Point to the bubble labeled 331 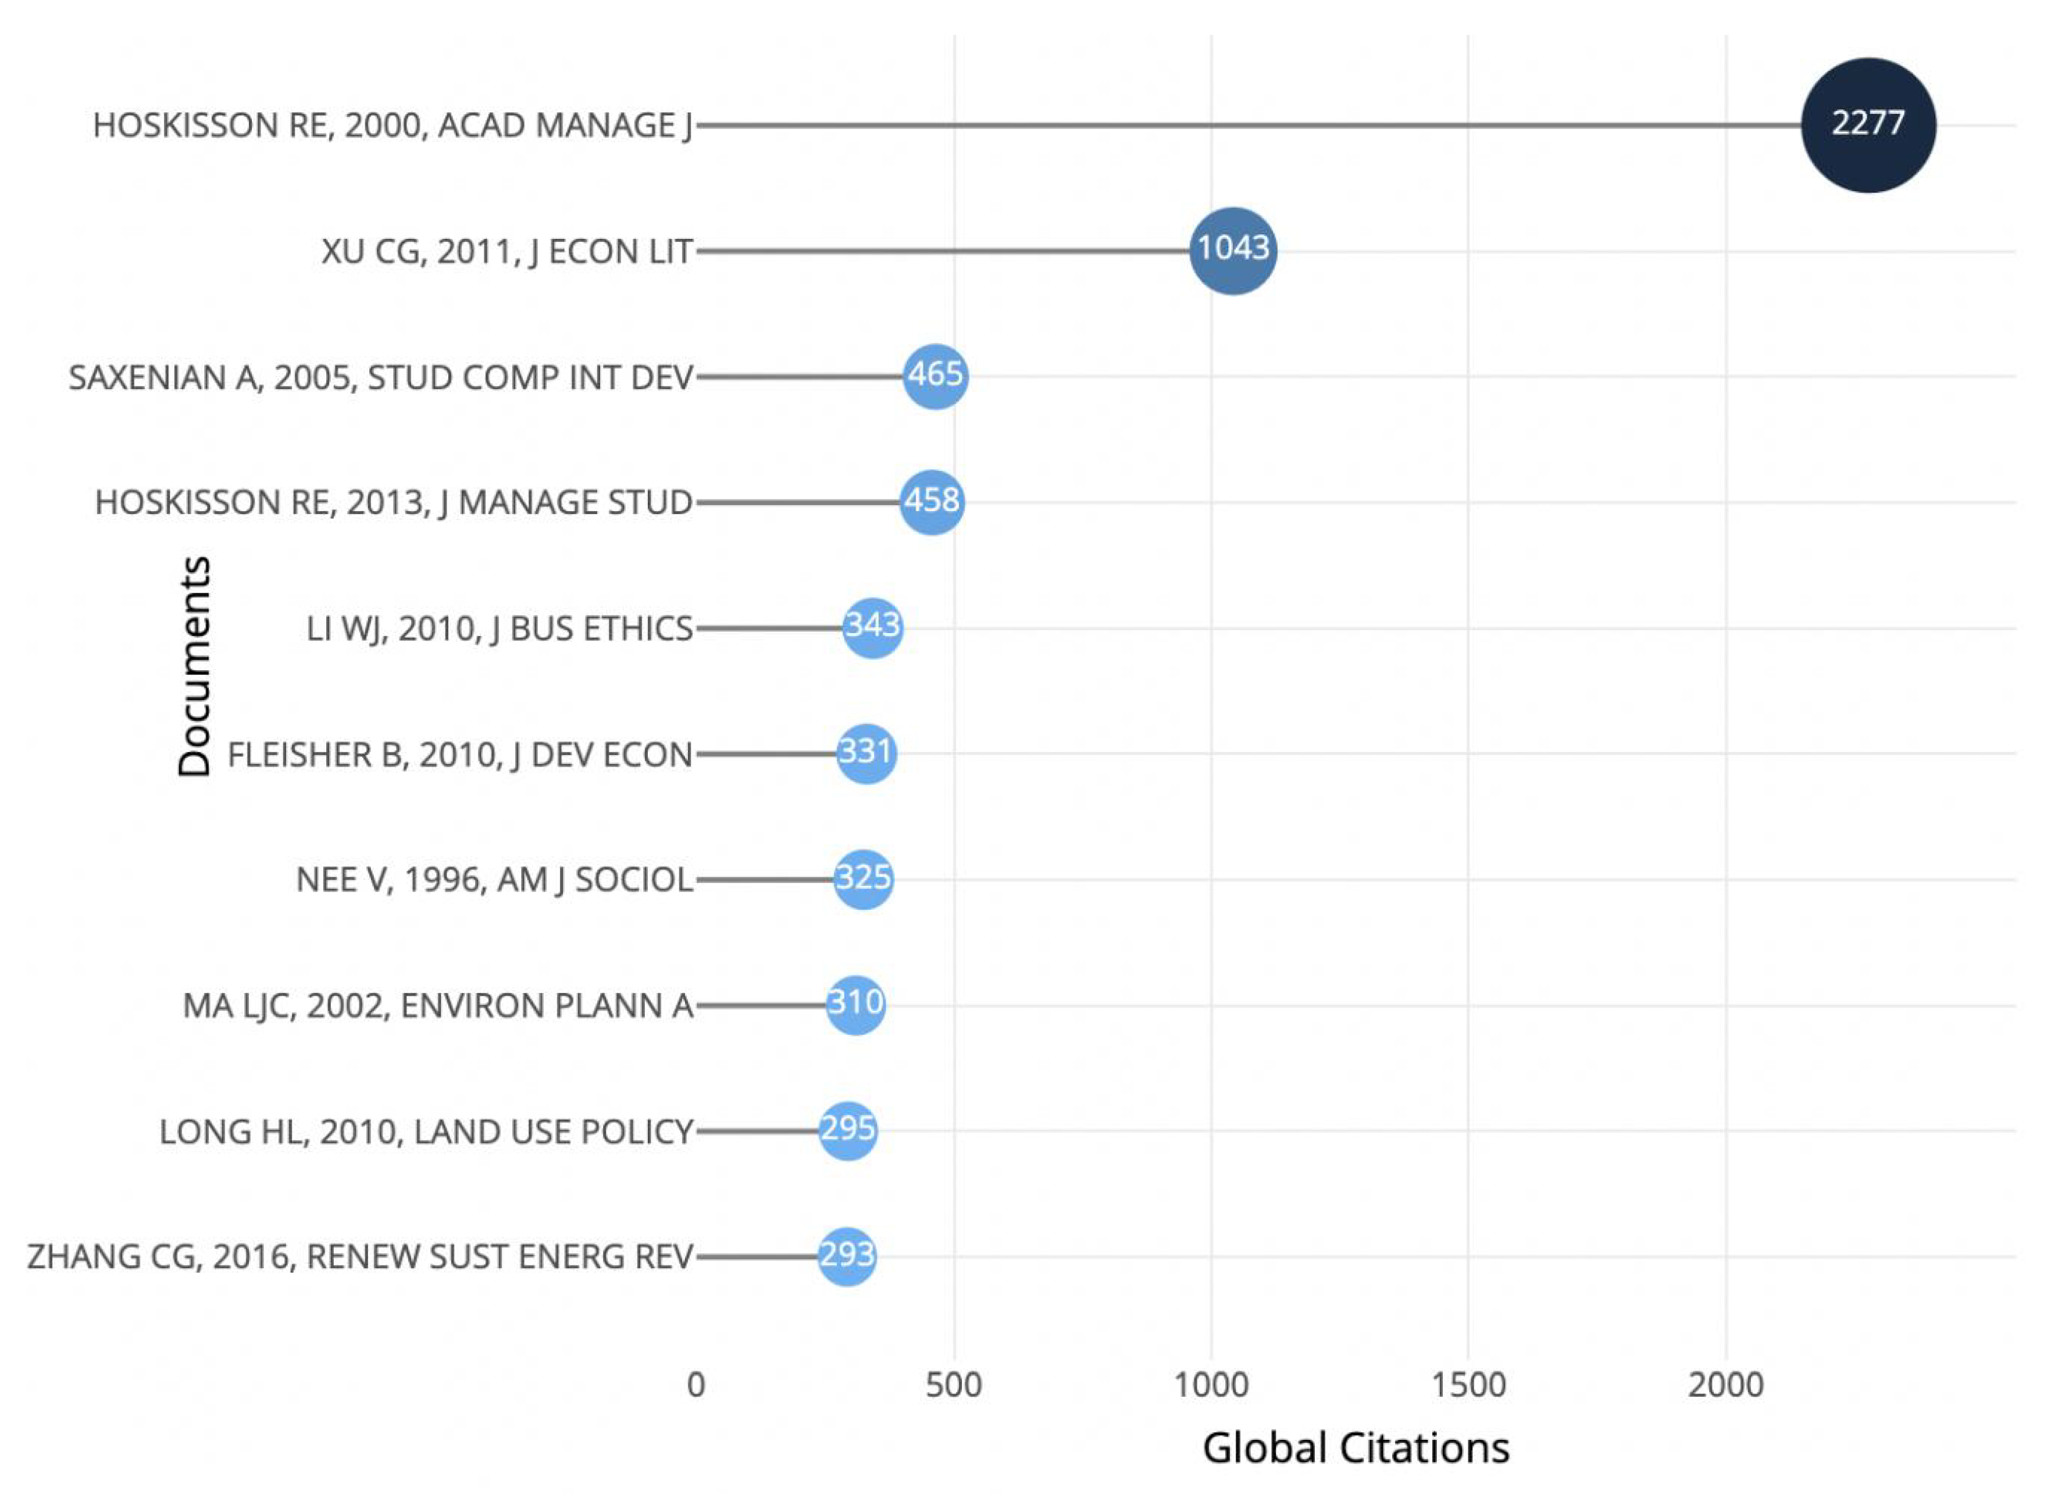(866, 753)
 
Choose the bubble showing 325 (863, 878)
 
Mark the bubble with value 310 (855, 1004)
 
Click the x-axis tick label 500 (953, 1385)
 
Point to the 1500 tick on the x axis (1468, 1385)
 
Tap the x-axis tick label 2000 (1725, 1385)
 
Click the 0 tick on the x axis (696, 1385)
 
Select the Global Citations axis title (1356, 1447)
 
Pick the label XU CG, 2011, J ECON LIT (507, 251)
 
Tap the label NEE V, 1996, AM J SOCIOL (494, 880)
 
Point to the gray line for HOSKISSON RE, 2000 (1247, 125)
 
